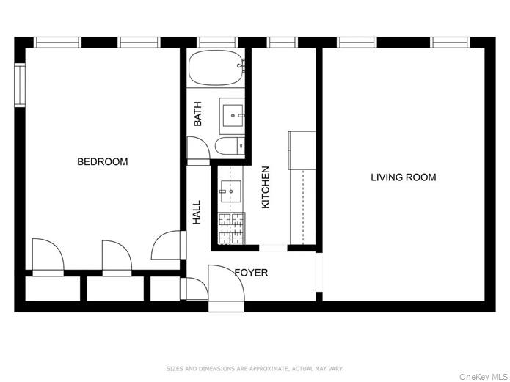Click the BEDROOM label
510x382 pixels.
coord(103,162)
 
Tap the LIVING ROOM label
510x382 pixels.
coord(403,177)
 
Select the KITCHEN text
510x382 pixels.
coord(266,187)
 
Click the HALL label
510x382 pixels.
coord(197,213)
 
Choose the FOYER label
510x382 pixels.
coord(251,273)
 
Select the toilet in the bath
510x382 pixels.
coord(230,146)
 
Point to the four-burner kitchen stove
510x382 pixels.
coord(231,227)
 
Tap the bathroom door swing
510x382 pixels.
coord(197,151)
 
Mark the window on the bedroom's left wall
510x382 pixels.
coord(20,85)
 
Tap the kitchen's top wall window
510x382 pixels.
coord(282,43)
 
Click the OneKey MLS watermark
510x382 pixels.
coord(483,376)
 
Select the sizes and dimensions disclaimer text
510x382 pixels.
coord(255,368)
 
